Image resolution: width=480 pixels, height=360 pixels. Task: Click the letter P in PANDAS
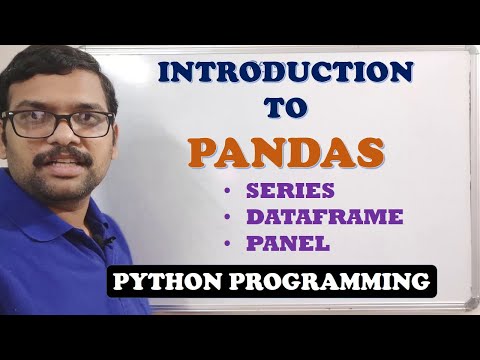[x=204, y=152]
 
